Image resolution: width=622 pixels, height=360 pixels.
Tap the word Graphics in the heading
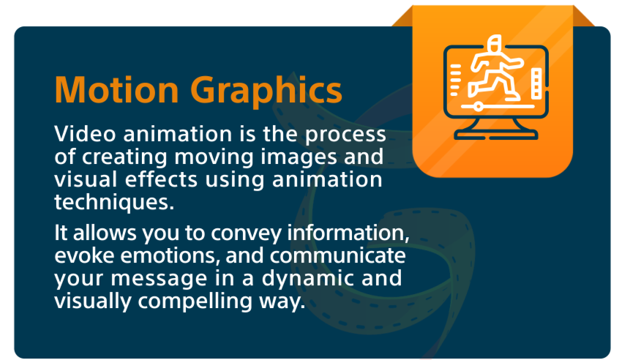[266, 92]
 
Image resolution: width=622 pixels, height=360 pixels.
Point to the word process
[345, 135]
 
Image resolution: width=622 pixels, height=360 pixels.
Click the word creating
[124, 158]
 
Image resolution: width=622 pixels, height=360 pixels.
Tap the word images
[299, 158]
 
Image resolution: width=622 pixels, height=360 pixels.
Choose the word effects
[161, 179]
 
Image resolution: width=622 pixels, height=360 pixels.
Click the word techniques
[114, 203]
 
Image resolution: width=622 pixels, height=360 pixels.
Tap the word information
[348, 233]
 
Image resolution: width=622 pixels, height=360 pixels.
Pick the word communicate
[337, 255]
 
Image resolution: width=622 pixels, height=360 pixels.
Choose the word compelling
[195, 302]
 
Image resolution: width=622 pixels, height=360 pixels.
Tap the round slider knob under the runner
[479, 106]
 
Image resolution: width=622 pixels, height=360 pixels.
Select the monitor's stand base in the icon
[496, 135]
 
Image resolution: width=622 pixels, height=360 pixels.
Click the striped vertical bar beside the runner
[536, 83]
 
